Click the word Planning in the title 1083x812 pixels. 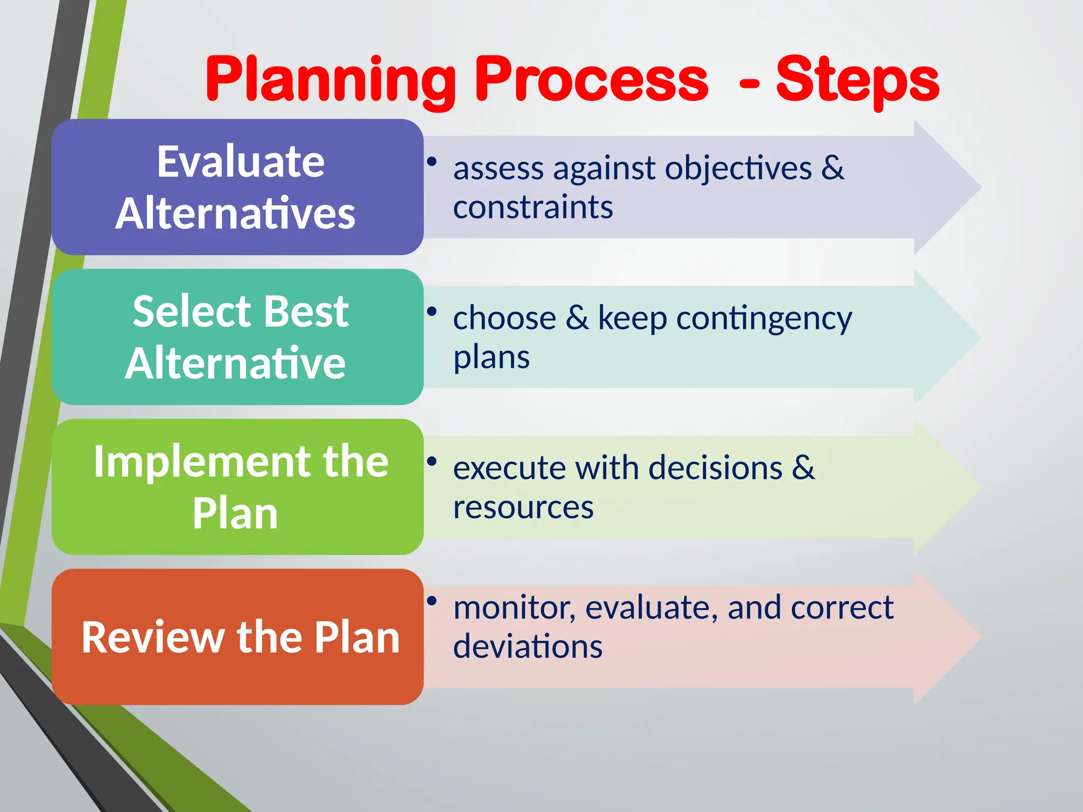(x=331, y=80)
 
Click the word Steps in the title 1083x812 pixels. (x=857, y=80)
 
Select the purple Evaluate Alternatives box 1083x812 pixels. (x=237, y=187)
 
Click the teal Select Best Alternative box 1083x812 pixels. (x=237, y=337)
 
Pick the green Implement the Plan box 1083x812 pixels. (x=237, y=487)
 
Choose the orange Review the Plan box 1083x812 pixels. (x=237, y=637)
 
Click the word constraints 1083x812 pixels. (x=533, y=207)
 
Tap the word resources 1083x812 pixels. (x=523, y=508)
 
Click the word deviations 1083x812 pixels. (x=527, y=647)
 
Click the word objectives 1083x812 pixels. (x=738, y=169)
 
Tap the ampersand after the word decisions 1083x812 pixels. (x=803, y=467)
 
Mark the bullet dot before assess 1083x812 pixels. (x=432, y=161)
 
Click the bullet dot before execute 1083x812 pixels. (x=432, y=461)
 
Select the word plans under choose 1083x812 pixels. (x=491, y=358)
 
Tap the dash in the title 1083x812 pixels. (x=749, y=83)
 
